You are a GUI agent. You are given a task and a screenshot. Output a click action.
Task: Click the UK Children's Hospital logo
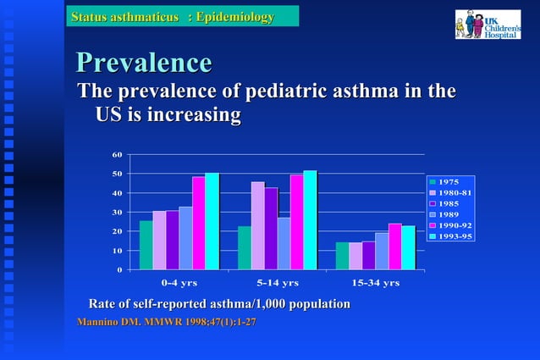[488, 24]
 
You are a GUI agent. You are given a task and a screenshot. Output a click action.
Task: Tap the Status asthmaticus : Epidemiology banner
[185, 17]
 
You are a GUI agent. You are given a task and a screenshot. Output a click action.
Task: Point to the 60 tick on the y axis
[117, 154]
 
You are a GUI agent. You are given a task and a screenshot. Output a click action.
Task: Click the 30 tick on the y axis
[117, 212]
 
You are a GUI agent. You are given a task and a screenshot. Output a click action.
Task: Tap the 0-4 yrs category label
[179, 283]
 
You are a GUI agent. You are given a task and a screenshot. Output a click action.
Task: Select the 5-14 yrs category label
[278, 283]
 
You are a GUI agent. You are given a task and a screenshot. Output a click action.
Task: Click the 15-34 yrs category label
[375, 283]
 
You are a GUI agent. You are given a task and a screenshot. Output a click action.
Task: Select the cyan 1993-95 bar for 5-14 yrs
[310, 220]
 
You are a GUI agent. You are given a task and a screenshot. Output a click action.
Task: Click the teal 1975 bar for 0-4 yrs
[146, 246]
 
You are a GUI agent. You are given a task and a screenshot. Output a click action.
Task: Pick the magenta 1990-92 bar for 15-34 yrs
[394, 246]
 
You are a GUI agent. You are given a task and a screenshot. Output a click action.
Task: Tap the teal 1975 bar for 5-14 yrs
[244, 248]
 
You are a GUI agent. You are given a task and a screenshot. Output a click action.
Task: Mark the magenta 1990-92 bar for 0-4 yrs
[198, 223]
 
